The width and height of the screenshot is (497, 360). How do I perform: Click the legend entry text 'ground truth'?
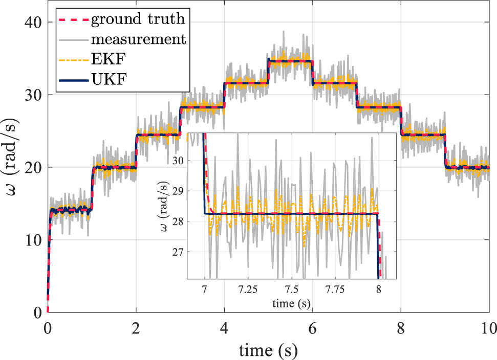click(138, 20)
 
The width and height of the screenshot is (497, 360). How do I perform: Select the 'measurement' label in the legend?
click(138, 39)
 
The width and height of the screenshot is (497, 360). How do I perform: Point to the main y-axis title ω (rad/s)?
click(12, 167)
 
